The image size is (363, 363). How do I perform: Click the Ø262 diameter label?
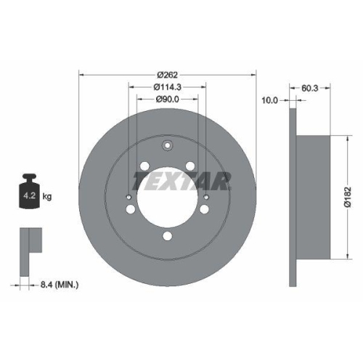click(x=167, y=73)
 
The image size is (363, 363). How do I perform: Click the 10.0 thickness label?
click(x=270, y=100)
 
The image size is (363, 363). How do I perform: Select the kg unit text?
click(x=48, y=196)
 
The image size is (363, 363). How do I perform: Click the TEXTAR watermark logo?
click(x=181, y=180)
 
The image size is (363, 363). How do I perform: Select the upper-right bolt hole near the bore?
click(x=191, y=166)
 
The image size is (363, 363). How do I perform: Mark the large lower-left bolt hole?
click(x=131, y=209)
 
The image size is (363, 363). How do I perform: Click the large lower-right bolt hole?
click(x=205, y=209)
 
